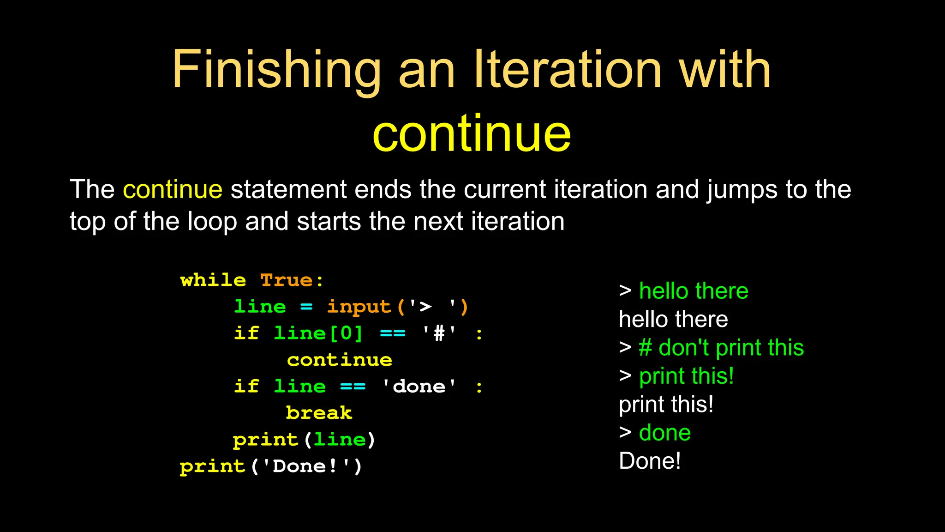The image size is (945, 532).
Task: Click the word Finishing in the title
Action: pyautogui.click(x=276, y=70)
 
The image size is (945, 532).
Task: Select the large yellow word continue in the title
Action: pyautogui.click(x=472, y=134)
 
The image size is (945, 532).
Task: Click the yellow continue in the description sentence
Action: pyautogui.click(x=173, y=190)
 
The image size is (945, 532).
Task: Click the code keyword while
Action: pyautogui.click(x=213, y=280)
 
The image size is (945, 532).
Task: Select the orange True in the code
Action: pyautogui.click(x=287, y=280)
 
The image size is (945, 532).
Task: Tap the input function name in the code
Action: pyautogui.click(x=359, y=307)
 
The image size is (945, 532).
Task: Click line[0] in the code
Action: pyautogui.click(x=318, y=333)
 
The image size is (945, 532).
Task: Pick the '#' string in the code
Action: pyautogui.click(x=439, y=333)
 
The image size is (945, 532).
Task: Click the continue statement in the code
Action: pyautogui.click(x=340, y=360)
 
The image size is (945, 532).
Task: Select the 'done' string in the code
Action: pyautogui.click(x=419, y=387)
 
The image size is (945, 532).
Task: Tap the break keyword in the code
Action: pyautogui.click(x=319, y=413)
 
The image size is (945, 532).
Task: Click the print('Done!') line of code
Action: pyautogui.click(x=271, y=466)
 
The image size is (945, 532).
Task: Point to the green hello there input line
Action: pyautogui.click(x=693, y=291)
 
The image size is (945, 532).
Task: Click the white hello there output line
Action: pyautogui.click(x=673, y=320)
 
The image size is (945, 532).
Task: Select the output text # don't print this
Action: pyautogui.click(x=721, y=348)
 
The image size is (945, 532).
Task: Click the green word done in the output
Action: pyautogui.click(x=664, y=433)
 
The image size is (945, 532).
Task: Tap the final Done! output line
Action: pyautogui.click(x=650, y=461)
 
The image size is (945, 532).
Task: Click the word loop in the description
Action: pyautogui.click(x=212, y=222)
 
